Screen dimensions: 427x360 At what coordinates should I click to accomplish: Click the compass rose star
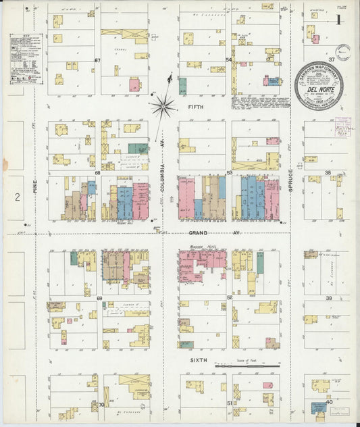coord(163,105)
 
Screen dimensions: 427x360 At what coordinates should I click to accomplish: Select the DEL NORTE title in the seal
coord(318,89)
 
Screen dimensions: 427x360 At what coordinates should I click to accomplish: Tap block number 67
coord(97,60)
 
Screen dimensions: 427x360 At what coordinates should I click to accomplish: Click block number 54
coord(228,60)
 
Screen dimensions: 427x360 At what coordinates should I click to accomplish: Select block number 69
coord(98,297)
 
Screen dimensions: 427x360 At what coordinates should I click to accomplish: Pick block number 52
coord(229,297)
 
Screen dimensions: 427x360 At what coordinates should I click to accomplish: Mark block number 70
coord(101,405)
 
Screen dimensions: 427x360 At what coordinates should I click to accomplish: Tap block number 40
coord(330,402)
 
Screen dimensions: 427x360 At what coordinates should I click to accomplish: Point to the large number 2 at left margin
coord(18,197)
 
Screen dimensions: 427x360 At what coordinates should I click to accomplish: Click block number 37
coord(331,59)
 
